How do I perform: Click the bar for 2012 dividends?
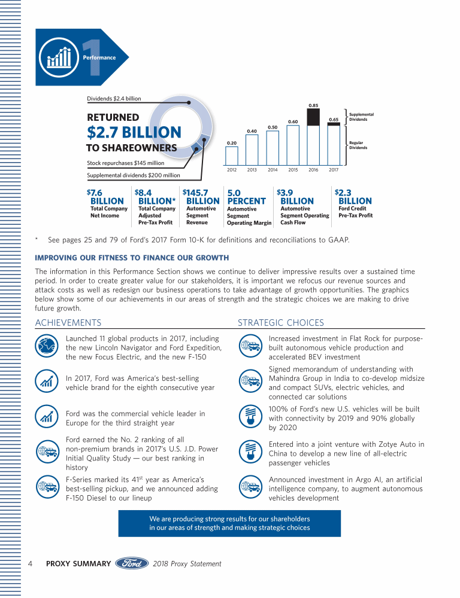coord(231,155)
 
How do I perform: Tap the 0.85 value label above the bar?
coord(313,106)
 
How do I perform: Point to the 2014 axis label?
coord(273,170)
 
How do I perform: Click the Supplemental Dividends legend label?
coord(361,117)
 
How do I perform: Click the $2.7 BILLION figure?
coord(134,132)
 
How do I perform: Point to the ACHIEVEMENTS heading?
coord(68,323)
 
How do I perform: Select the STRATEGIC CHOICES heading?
coord(281,323)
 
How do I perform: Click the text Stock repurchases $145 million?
coord(126,163)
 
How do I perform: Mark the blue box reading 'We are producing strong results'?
coord(229,523)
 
